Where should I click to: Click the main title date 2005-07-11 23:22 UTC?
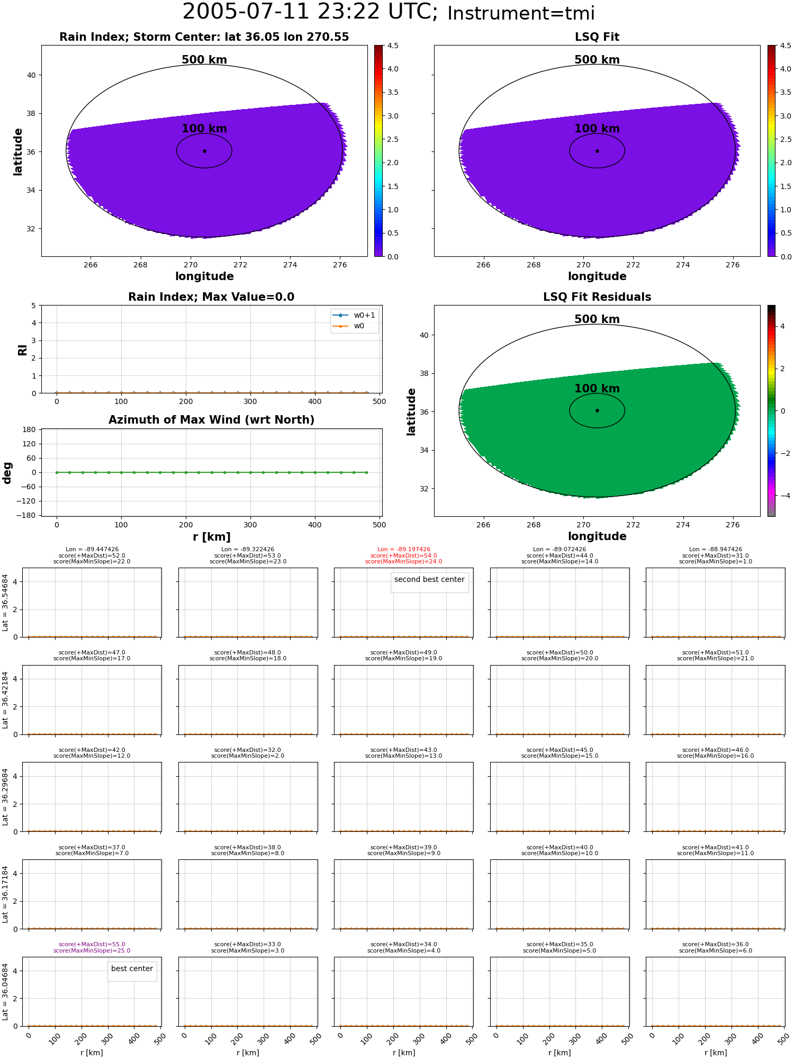[x=310, y=12]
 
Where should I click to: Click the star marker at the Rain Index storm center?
[x=204, y=151]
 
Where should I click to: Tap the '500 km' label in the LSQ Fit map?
[x=597, y=60]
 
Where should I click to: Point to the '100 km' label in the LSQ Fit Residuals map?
[x=597, y=389]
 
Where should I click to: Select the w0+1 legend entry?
[x=354, y=316]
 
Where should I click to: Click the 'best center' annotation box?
[x=132, y=968]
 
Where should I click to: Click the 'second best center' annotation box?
[x=429, y=580]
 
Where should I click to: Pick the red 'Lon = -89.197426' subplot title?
[x=404, y=550]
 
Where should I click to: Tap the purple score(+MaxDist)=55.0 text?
[x=92, y=945]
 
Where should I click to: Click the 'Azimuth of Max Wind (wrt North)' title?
[x=211, y=420]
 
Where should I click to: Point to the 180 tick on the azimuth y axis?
[x=30, y=429]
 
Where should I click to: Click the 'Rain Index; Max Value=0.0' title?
[x=211, y=297]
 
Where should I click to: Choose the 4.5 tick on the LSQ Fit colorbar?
[x=786, y=46]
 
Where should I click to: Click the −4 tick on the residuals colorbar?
[x=786, y=496]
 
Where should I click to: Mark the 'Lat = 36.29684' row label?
[x=5, y=797]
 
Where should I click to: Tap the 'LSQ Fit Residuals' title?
[x=597, y=297]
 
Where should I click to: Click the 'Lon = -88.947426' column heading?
[x=716, y=550]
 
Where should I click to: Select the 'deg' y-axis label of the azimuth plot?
[x=7, y=473]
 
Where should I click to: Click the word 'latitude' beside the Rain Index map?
[x=18, y=151]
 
